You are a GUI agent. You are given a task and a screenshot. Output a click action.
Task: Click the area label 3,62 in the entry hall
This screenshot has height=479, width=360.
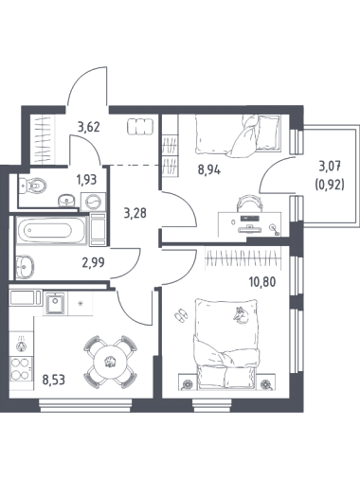tap(89, 127)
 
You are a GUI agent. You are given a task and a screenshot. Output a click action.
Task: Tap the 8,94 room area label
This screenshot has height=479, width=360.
tap(209, 169)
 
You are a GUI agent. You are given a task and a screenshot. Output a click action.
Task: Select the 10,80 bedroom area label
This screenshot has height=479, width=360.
tap(262, 281)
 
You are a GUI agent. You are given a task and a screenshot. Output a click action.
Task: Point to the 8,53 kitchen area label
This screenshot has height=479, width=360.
tap(54, 380)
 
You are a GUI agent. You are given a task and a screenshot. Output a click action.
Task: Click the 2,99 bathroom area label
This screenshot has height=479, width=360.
tap(93, 262)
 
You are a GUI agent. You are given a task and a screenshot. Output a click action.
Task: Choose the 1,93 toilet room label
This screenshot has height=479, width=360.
tap(86, 180)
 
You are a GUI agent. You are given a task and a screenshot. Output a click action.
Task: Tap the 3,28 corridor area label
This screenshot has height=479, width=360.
tap(135, 214)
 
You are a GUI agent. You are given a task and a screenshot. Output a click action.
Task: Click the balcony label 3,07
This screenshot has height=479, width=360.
tap(331, 167)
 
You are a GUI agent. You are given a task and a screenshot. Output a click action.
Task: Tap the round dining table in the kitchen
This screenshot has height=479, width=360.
tap(110, 362)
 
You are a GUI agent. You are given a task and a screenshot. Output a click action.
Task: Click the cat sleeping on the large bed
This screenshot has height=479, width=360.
tap(241, 315)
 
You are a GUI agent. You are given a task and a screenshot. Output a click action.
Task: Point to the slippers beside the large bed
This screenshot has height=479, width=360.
tap(181, 315)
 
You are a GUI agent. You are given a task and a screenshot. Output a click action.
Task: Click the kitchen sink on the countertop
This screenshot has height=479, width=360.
tap(55, 303)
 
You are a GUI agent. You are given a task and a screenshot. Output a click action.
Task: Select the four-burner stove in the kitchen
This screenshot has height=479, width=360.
tap(21, 368)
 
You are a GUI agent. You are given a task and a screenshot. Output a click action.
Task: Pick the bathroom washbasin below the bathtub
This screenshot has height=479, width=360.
tap(25, 267)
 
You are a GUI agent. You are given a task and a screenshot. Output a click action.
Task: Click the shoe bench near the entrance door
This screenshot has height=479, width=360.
tap(140, 127)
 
